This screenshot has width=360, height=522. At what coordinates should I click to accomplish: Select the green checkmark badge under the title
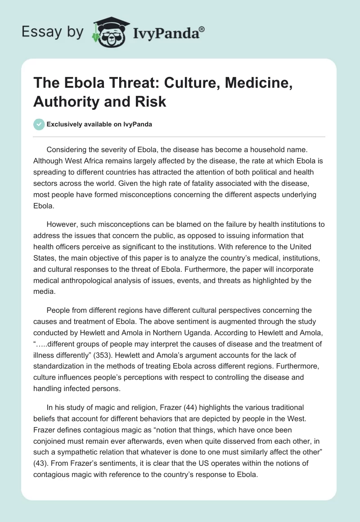click(39, 124)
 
